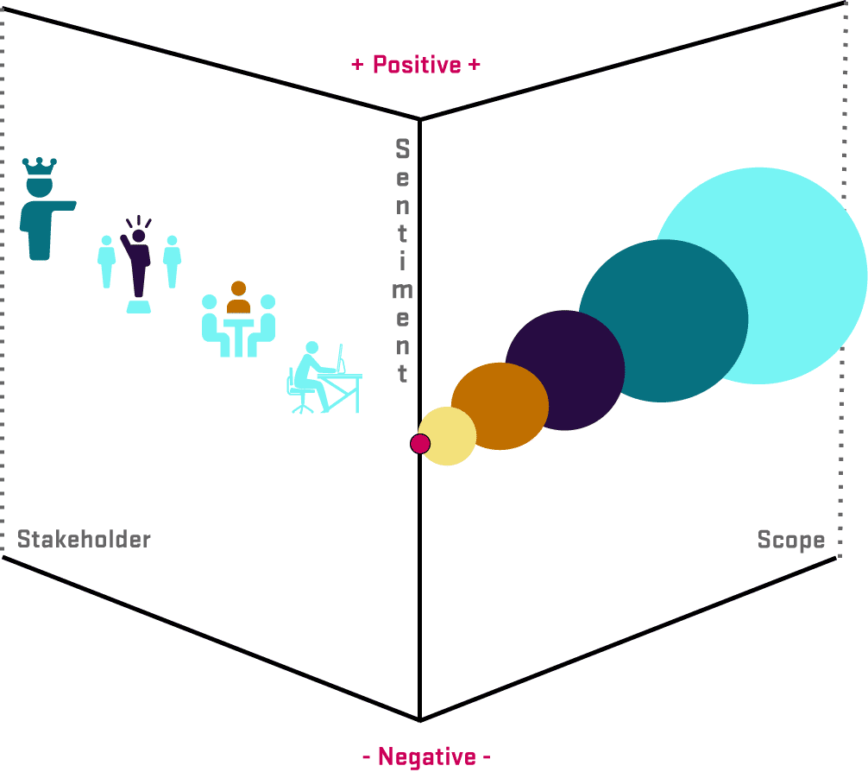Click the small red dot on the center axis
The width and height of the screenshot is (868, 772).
pyautogui.click(x=420, y=444)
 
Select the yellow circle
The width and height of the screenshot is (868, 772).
pyautogui.click(x=448, y=437)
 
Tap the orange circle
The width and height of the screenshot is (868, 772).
pyautogui.click(x=501, y=406)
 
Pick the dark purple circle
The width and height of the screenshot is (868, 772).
pyautogui.click(x=565, y=369)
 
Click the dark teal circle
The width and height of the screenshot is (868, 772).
pyautogui.click(x=663, y=320)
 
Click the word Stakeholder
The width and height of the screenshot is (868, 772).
pyautogui.click(x=84, y=541)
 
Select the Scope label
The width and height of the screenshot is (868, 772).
pyautogui.click(x=790, y=541)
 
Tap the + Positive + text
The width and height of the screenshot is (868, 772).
pyautogui.click(x=416, y=65)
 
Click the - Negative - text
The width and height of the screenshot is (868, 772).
pyautogui.click(x=426, y=757)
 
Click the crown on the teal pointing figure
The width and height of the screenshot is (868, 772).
pyautogui.click(x=40, y=166)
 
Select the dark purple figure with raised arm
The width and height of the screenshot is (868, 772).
pyautogui.click(x=138, y=259)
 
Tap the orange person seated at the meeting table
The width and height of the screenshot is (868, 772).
pyautogui.click(x=238, y=298)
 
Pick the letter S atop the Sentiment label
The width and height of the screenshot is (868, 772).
pyautogui.click(x=402, y=149)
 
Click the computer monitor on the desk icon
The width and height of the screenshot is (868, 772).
pyautogui.click(x=342, y=357)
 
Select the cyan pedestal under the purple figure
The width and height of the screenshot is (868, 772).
pyautogui.click(x=138, y=307)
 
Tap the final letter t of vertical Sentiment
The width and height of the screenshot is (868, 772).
pyautogui.click(x=402, y=374)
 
